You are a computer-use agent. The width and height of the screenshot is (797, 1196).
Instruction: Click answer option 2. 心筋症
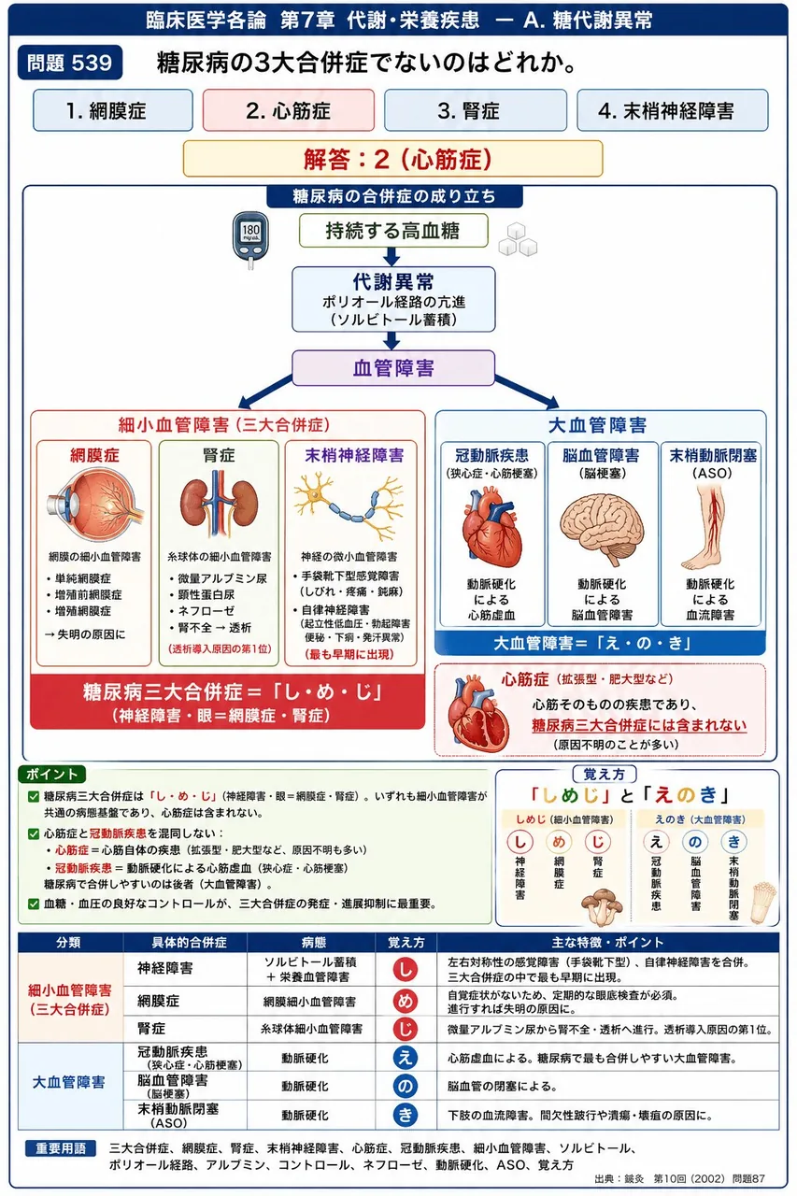[x=289, y=110]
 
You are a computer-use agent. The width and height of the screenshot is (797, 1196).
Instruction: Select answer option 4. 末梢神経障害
[x=672, y=110]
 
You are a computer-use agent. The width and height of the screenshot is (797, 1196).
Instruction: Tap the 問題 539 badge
[x=70, y=63]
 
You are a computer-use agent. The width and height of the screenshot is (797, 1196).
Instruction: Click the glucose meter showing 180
[x=249, y=239]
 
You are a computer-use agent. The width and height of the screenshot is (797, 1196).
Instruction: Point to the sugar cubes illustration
[x=518, y=240]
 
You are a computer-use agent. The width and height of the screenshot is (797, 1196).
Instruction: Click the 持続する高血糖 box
[x=393, y=231]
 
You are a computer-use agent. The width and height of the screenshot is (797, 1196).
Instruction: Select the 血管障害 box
[x=393, y=368]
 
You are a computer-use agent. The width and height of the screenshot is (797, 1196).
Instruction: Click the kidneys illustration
[x=219, y=504]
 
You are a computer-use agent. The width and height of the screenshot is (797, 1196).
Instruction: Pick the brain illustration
[x=602, y=529]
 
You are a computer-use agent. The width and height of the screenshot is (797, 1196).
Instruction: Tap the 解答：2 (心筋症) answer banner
[x=393, y=159]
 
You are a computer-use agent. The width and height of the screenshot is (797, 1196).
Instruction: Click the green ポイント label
[x=51, y=775]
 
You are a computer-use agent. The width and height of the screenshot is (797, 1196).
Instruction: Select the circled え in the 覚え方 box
[x=656, y=842]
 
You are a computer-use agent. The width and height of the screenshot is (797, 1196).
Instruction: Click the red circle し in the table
[x=406, y=970]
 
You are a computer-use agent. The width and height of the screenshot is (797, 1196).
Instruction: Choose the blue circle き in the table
[x=406, y=1115]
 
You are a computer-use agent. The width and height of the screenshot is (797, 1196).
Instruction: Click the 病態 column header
[x=313, y=943]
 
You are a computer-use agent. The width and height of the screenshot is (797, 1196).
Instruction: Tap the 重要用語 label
[x=61, y=1148]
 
